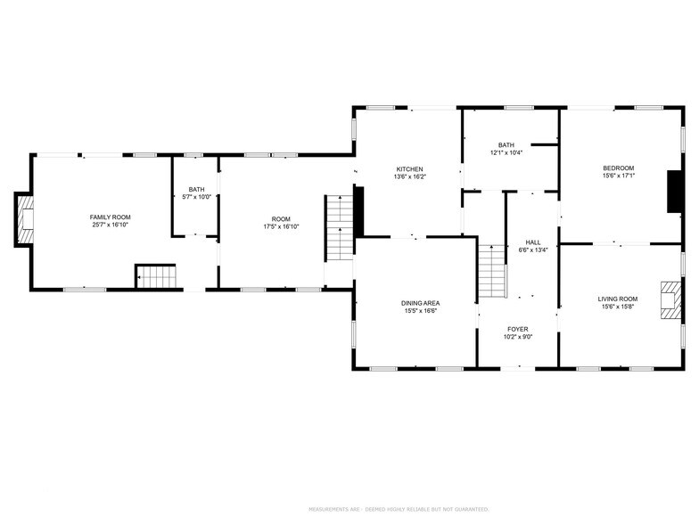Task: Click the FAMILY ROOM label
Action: (110, 217)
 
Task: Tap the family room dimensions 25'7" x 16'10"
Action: (110, 225)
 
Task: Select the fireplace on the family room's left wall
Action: (26, 219)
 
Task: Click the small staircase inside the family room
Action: (157, 276)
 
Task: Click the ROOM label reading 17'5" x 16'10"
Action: (281, 218)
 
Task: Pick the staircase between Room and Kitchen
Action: (339, 228)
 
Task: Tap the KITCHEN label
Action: (410, 169)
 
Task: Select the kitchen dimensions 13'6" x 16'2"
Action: (410, 177)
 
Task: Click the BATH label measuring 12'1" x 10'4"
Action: (506, 145)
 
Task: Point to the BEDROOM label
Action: (618, 168)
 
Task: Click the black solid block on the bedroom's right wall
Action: (675, 192)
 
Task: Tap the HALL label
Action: (532, 242)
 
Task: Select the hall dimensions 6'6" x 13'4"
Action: (532, 250)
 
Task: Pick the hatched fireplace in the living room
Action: (669, 300)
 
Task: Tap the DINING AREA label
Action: (420, 303)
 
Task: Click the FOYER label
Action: (518, 329)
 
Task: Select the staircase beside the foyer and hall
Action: (491, 272)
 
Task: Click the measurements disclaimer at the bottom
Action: (399, 509)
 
